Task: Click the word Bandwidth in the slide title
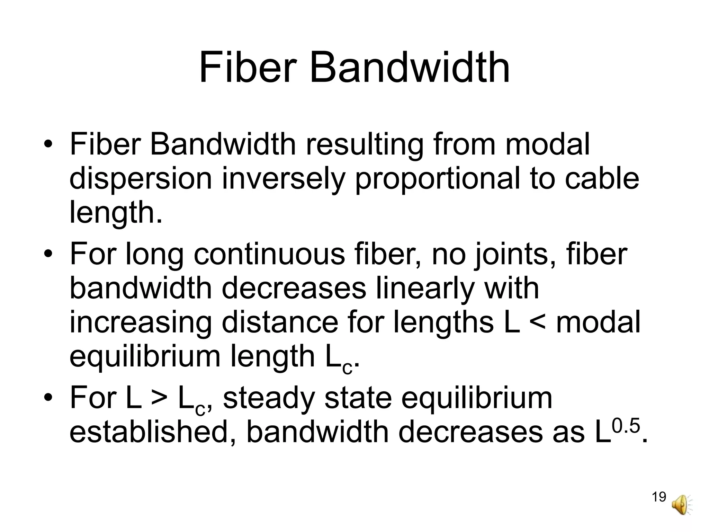click(409, 67)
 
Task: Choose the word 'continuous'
click(269, 254)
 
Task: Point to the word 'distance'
click(279, 322)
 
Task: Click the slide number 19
click(659, 497)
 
